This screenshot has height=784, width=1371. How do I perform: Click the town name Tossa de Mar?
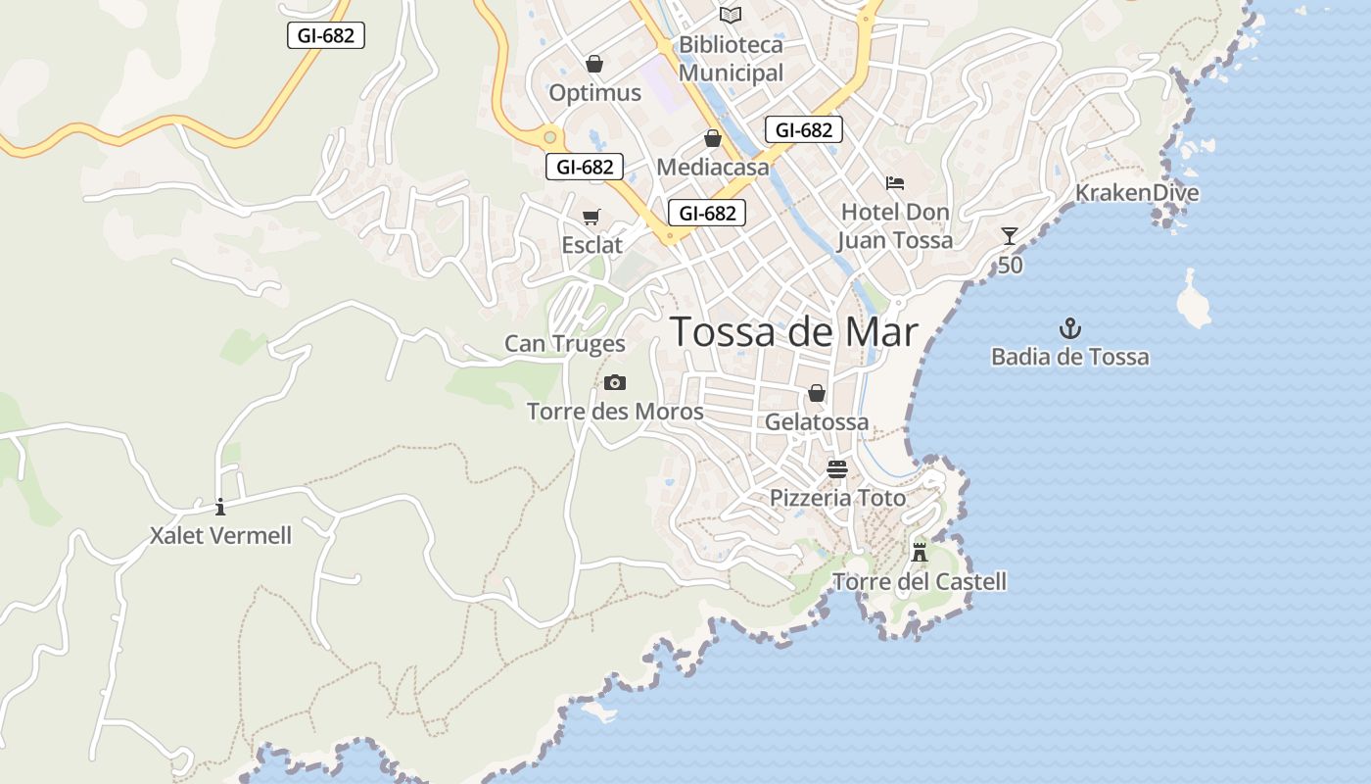pyautogui.click(x=794, y=333)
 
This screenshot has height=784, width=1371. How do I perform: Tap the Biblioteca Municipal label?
pyautogui.click(x=731, y=59)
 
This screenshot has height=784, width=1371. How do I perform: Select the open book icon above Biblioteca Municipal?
pyautogui.click(x=731, y=15)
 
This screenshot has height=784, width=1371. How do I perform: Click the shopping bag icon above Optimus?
pyautogui.click(x=593, y=64)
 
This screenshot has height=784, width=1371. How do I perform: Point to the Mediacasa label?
pyautogui.click(x=713, y=167)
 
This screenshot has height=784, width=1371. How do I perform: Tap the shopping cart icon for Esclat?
pyautogui.click(x=591, y=217)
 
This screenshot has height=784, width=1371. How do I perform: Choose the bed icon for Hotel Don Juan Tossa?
pyautogui.click(x=894, y=182)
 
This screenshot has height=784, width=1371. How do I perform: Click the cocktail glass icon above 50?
pyautogui.click(x=1010, y=236)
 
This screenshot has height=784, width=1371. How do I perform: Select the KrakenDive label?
pyautogui.click(x=1137, y=192)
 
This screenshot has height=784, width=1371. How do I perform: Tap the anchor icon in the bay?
pyautogui.click(x=1069, y=328)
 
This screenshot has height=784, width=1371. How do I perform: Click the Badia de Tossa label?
pyautogui.click(x=1069, y=357)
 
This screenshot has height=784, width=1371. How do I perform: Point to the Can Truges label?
pyautogui.click(x=564, y=344)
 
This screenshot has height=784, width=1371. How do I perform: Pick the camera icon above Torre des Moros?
pyautogui.click(x=615, y=382)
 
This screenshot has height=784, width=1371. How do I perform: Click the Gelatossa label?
pyautogui.click(x=817, y=422)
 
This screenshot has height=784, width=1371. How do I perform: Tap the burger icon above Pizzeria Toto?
pyautogui.click(x=836, y=468)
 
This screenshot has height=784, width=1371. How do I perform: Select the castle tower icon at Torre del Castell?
pyautogui.click(x=919, y=551)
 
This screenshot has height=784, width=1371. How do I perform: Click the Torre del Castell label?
pyautogui.click(x=919, y=582)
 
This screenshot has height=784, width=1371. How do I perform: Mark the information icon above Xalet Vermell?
pyautogui.click(x=220, y=507)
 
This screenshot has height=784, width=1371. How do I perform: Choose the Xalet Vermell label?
pyautogui.click(x=220, y=536)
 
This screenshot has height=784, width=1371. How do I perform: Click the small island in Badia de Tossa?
pyautogui.click(x=1193, y=301)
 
